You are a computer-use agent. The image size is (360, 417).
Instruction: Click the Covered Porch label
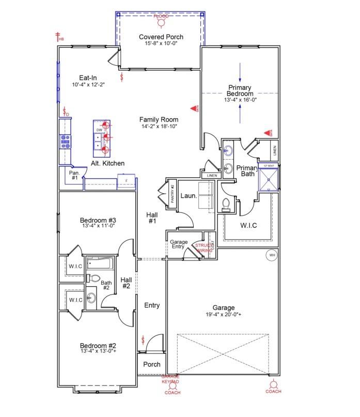(161, 37)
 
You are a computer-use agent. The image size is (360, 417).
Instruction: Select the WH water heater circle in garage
(272, 255)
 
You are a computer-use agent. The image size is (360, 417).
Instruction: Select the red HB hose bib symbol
(58, 37)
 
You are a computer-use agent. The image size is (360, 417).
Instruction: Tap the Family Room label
(159, 119)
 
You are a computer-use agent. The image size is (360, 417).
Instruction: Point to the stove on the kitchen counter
(66, 141)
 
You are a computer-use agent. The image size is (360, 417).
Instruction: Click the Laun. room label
(187, 196)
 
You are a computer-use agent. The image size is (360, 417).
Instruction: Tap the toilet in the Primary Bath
(226, 205)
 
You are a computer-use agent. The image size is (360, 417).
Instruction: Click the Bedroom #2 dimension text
(98, 351)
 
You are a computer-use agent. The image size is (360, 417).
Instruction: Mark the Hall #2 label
(127, 283)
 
